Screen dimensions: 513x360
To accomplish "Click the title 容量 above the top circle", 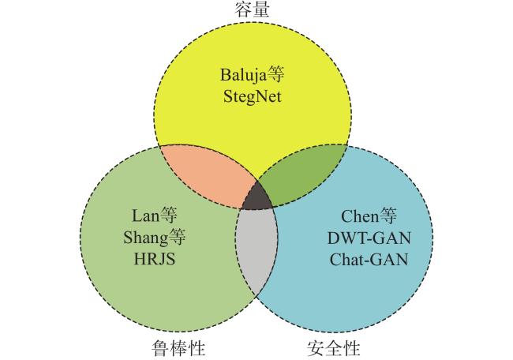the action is click(x=252, y=9).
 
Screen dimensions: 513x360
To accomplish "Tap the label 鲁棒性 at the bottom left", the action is click(x=178, y=347).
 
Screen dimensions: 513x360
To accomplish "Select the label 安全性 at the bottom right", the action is click(x=334, y=347).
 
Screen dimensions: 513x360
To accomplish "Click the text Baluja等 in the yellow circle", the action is click(x=253, y=75).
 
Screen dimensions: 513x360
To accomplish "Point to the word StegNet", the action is click(x=253, y=97).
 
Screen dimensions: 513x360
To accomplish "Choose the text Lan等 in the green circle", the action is click(x=154, y=216).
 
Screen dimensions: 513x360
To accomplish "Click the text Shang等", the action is click(x=154, y=238).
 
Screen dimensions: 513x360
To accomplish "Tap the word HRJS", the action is click(x=155, y=259).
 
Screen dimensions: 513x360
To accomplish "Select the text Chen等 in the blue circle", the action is click(x=369, y=216).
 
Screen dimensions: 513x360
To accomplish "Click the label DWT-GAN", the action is click(x=369, y=238).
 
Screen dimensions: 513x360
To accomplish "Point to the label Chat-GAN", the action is click(x=369, y=260).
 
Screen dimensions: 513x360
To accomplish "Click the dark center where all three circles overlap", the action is click(x=257, y=198).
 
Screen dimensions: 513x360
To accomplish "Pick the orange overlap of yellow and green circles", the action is click(x=206, y=176).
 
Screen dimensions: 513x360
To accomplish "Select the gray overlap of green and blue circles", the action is click(x=256, y=249).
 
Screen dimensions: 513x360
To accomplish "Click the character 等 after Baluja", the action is click(x=275, y=75).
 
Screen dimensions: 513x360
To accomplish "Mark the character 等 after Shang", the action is click(x=177, y=238).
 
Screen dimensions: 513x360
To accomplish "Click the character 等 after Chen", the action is click(x=388, y=216).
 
